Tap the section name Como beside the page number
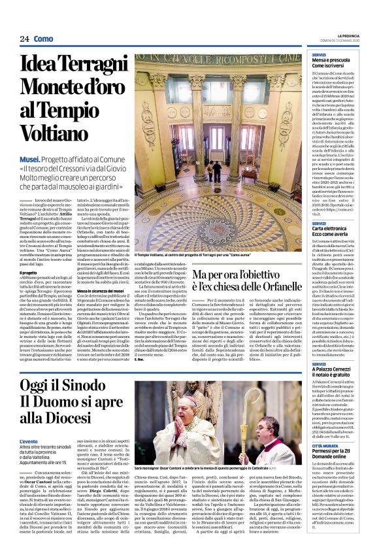(44, 39)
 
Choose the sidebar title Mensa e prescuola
(331, 60)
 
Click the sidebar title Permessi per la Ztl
(333, 470)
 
